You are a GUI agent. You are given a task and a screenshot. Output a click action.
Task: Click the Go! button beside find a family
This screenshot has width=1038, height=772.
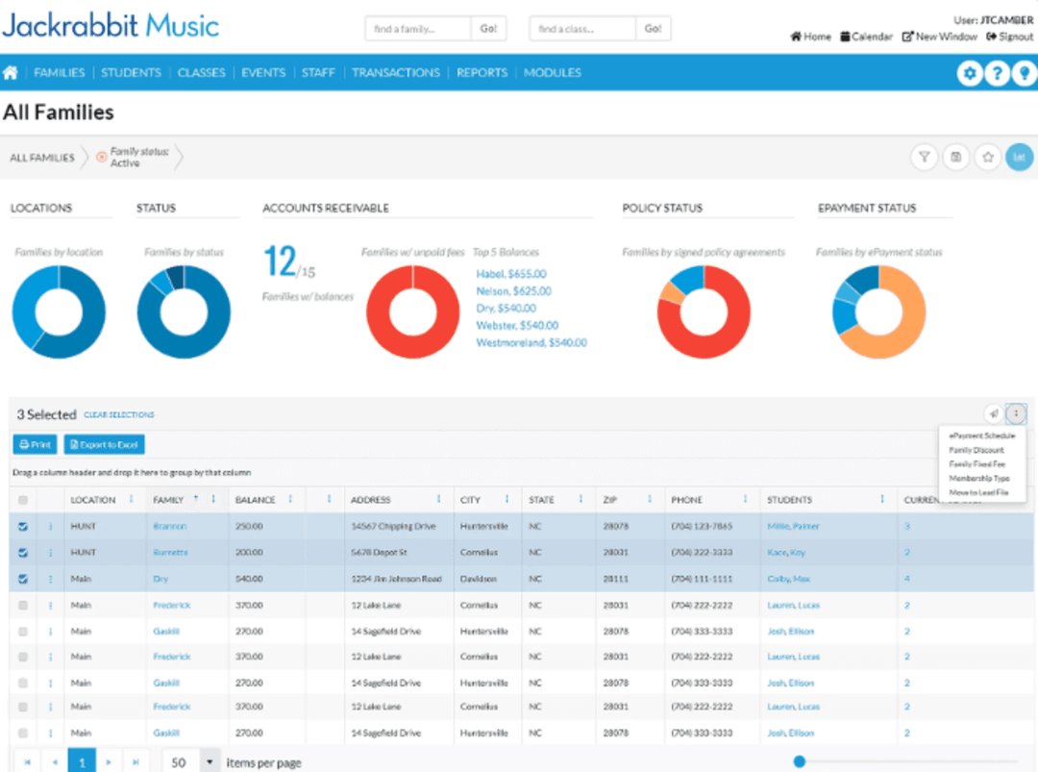coord(488,29)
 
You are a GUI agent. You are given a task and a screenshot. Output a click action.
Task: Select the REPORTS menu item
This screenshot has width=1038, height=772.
coord(482,72)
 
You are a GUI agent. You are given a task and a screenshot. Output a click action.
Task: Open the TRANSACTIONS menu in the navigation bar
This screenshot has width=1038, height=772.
coord(396,72)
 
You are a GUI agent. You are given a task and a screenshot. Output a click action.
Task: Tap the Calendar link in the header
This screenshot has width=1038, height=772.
coord(866,37)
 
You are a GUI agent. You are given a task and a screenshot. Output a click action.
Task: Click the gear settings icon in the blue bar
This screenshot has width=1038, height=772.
coord(969,73)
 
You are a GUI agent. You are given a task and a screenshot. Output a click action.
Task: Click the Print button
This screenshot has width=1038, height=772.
coord(35,444)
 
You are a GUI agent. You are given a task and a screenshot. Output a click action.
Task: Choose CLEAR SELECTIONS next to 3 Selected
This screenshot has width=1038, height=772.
coord(119,415)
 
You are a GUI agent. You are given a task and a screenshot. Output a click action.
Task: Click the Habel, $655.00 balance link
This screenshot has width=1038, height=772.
coord(511,274)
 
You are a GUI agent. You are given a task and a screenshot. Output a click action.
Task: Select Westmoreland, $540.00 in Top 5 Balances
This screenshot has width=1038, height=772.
coord(531,342)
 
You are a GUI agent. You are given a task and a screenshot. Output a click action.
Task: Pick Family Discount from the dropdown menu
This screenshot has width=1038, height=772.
coord(976,450)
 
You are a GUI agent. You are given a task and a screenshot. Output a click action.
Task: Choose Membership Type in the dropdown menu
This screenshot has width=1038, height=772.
coord(978,478)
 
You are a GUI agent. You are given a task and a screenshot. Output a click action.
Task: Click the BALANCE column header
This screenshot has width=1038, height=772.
coord(256,500)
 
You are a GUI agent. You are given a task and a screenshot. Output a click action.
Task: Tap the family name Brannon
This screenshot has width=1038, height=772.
coord(170,527)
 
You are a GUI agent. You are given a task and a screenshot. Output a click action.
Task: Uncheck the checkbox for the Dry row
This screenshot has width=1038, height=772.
coord(23,579)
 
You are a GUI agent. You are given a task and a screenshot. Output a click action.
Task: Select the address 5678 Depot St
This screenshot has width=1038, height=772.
coord(379,553)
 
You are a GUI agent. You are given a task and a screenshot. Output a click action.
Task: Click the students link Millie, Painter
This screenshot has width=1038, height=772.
coord(793,527)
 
